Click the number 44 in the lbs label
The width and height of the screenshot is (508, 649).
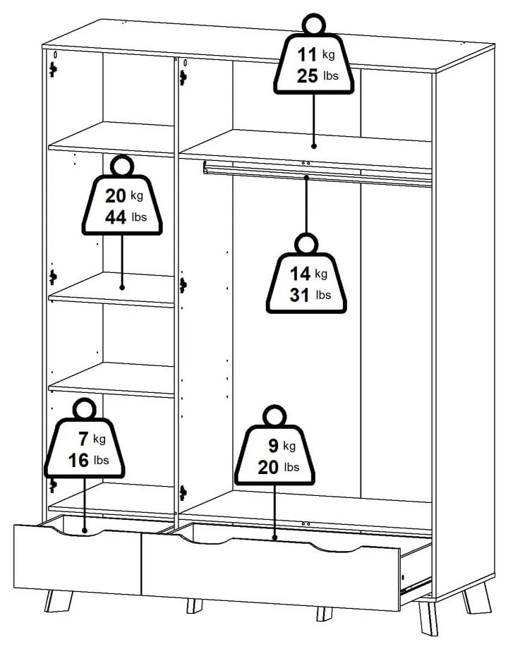(x=115, y=217)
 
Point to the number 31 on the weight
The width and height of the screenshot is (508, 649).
(x=300, y=295)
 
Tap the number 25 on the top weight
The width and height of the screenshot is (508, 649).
(x=308, y=76)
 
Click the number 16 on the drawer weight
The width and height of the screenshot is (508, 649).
(x=78, y=461)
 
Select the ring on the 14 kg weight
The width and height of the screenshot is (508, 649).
(x=306, y=244)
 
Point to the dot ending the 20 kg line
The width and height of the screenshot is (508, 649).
(x=122, y=287)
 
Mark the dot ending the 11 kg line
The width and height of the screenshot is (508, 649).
(x=313, y=147)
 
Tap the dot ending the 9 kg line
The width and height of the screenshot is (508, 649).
(x=275, y=538)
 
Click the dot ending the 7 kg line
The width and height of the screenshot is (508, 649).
(x=85, y=530)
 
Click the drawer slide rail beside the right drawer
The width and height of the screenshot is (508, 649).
(x=416, y=583)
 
